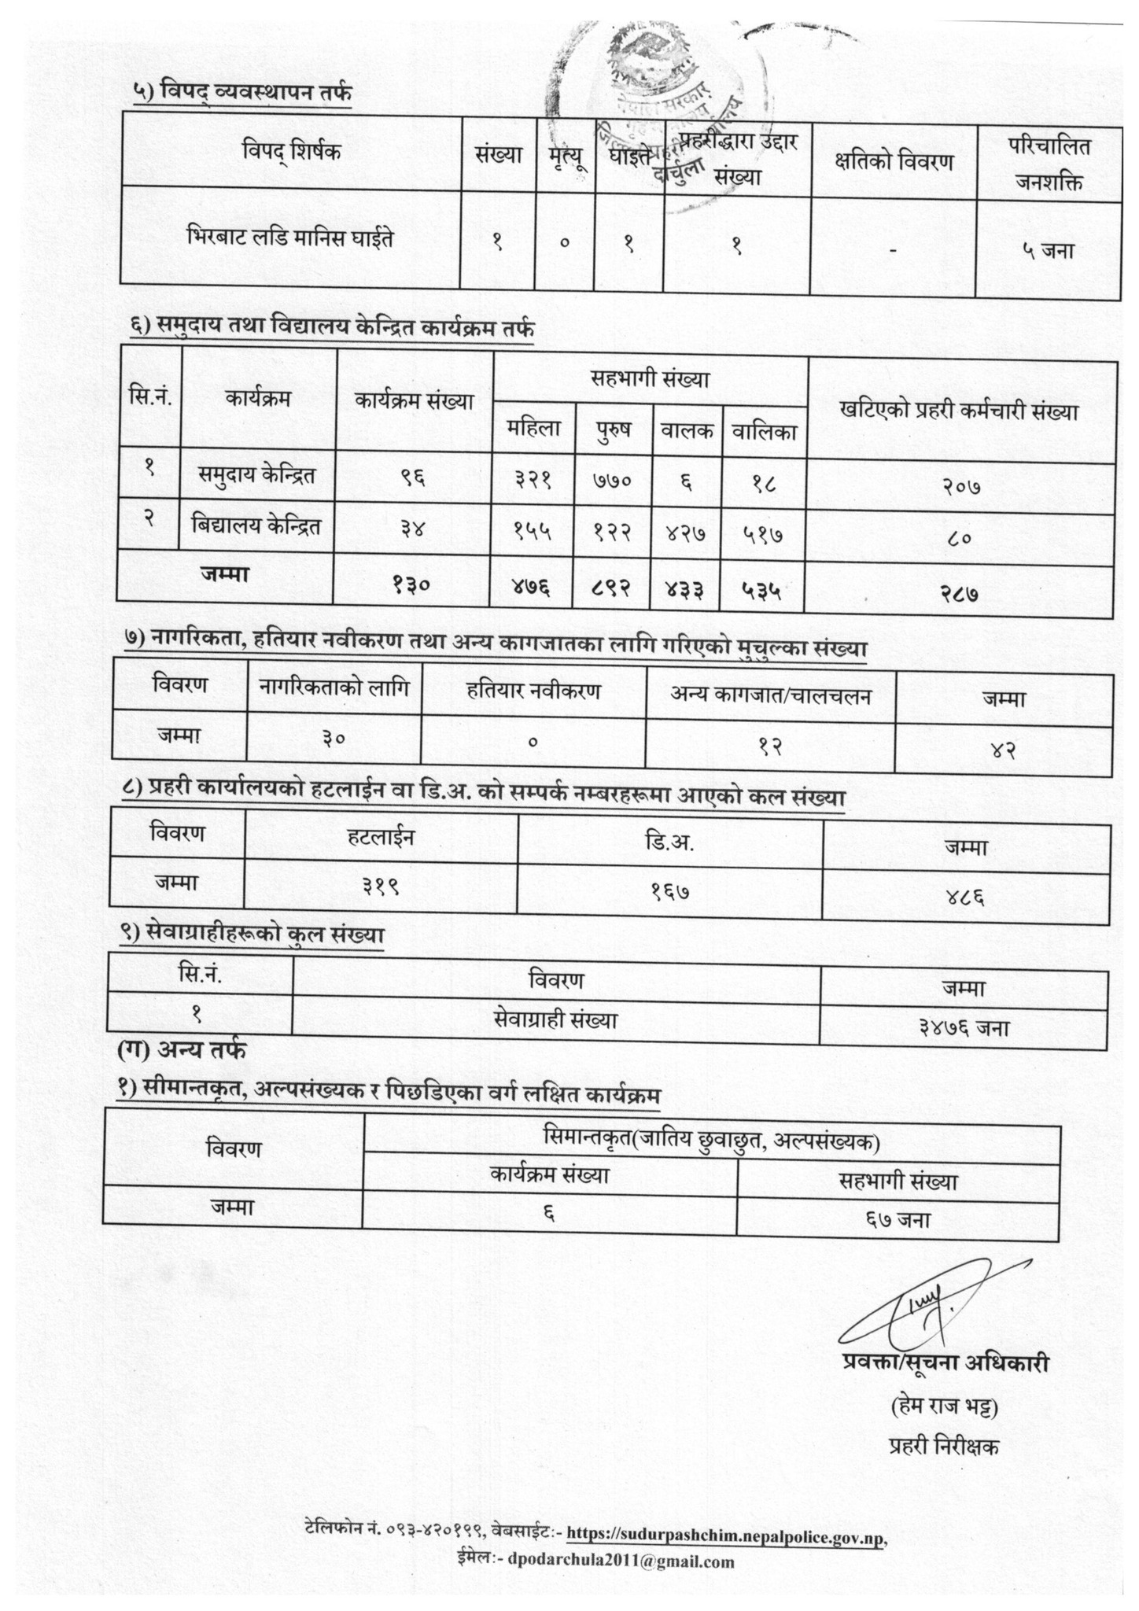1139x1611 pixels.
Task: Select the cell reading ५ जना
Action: [x=1048, y=251]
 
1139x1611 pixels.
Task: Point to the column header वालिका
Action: [x=765, y=431]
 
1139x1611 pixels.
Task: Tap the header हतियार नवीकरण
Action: [x=533, y=691]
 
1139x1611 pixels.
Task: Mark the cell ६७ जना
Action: [x=897, y=1220]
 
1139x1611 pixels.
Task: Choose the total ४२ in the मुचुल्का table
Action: [x=1004, y=750]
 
